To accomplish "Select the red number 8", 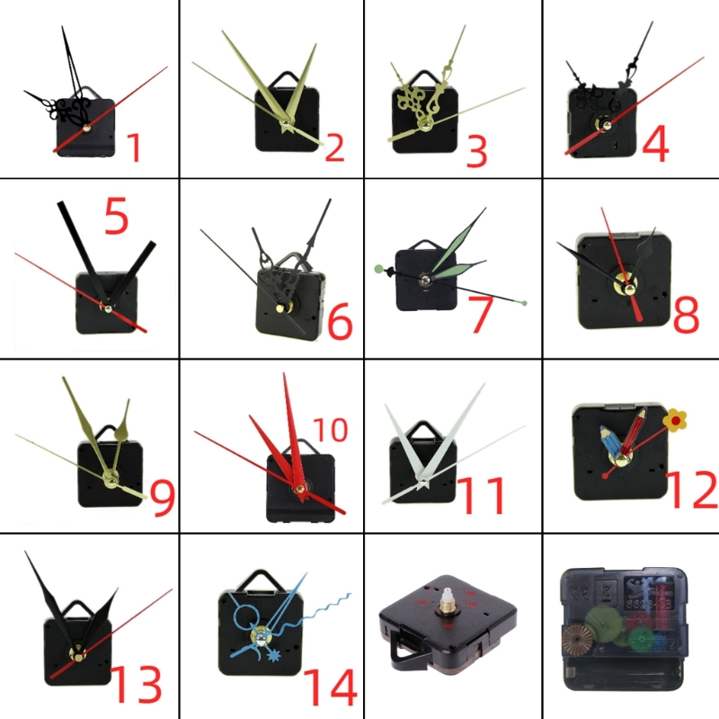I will point(686,315).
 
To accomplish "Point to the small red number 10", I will point(330,430).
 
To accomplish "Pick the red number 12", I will point(692,489).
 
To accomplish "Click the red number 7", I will point(482,315).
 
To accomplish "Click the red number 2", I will point(334,147).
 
